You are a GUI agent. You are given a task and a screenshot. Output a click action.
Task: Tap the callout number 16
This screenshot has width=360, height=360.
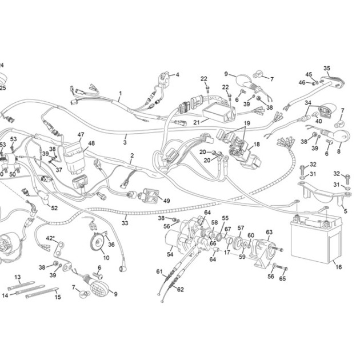pos(339,267)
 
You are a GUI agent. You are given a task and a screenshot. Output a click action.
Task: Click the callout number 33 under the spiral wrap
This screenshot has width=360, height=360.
pos(125,223)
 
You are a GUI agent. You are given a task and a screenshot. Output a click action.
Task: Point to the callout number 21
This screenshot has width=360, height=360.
pos(197,122)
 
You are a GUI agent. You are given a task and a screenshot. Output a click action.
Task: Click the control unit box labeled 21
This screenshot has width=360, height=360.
pos(219,113)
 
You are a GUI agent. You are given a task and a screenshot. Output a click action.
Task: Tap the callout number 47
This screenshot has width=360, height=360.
pos(81,134)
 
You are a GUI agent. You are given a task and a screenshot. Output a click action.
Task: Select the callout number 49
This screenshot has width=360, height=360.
pos(166,201)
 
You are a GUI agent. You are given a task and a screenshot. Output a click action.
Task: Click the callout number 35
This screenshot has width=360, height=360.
pos(327,68)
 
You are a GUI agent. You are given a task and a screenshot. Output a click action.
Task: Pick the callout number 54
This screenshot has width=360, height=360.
pos(170,254)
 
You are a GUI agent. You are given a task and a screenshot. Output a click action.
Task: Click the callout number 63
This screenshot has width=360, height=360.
pos(269,232)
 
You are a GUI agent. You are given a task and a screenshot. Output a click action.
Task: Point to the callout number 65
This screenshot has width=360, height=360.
pos(282,278)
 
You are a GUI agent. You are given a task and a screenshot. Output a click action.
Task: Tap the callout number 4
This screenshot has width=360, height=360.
pos(177,75)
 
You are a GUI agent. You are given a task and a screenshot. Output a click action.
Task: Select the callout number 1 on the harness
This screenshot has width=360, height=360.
pos(121,94)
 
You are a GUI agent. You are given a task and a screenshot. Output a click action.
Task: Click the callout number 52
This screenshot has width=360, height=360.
pos(54,208)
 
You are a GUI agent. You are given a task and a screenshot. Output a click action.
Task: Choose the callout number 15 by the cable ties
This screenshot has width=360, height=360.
pos(58,297)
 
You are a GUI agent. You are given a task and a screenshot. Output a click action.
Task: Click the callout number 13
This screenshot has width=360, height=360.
pos(18,277)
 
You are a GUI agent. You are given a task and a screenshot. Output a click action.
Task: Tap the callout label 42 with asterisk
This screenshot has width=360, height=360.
pos(50,238)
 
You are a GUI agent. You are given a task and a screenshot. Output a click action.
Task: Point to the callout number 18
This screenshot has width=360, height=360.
pos(257,144)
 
